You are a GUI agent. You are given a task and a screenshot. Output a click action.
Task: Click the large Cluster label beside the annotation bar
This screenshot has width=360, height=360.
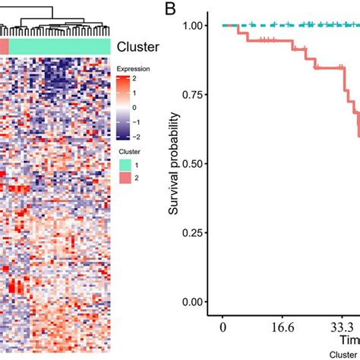click(137, 46)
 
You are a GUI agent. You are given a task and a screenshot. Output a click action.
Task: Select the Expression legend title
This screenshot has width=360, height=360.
click(132, 68)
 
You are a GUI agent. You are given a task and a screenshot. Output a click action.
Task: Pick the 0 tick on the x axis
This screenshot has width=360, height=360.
click(223, 327)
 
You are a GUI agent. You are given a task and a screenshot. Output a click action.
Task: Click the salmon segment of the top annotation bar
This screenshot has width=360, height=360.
click(4, 46)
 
